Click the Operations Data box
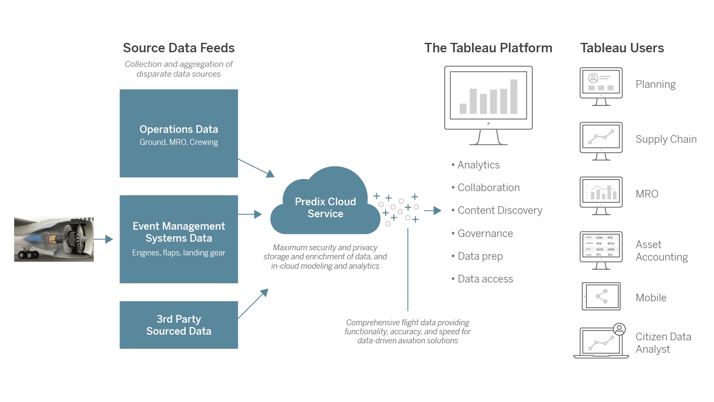click(179, 133)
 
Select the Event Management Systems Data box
click(179, 239)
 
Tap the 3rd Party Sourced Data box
click(179, 325)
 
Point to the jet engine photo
click(54, 239)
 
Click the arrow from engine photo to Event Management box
click(103, 239)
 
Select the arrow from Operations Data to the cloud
click(256, 167)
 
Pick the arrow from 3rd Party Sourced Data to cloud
click(253, 303)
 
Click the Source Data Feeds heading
click(179, 48)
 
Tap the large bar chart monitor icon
click(488, 105)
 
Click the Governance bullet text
click(485, 234)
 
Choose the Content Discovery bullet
click(499, 210)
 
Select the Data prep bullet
click(480, 256)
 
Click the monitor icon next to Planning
click(601, 86)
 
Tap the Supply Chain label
click(666, 139)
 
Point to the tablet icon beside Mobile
click(601, 296)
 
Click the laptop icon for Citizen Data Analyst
click(601, 342)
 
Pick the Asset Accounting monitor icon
click(601, 250)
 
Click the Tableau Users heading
click(622, 48)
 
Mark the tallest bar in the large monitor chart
click(514, 96)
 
